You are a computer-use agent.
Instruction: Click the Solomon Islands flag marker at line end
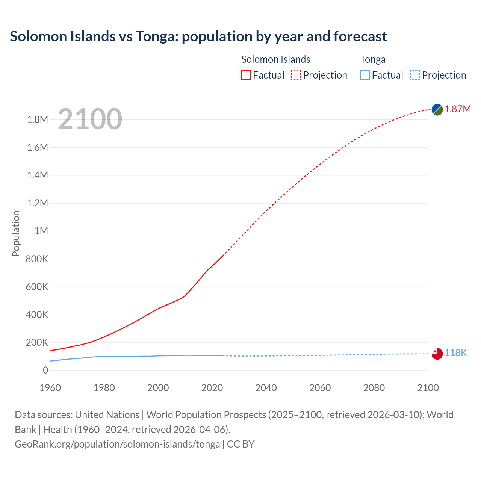tap(437, 109)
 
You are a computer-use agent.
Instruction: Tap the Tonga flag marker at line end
tap(437, 354)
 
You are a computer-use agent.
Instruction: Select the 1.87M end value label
tap(458, 109)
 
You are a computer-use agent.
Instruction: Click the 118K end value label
tap(456, 353)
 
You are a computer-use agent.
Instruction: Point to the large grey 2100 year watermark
tap(90, 119)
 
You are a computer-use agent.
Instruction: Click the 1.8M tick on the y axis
tap(38, 120)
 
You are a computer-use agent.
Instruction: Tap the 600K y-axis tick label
tap(37, 287)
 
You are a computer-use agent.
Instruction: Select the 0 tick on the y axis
tap(45, 371)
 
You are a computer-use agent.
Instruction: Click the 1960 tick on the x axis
tap(50, 388)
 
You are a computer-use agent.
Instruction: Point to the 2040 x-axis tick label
tap(266, 388)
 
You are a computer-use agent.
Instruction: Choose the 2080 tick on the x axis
tap(374, 388)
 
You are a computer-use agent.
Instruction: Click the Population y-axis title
tap(16, 234)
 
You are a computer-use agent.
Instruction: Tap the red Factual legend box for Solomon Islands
tap(246, 75)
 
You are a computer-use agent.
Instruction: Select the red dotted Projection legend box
tap(296, 75)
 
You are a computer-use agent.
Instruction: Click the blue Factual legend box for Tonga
tap(365, 75)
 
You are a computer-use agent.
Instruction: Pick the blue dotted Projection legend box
tap(415, 75)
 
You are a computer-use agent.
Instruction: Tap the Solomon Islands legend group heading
tap(275, 59)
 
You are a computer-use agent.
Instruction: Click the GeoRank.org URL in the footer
tap(117, 444)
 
